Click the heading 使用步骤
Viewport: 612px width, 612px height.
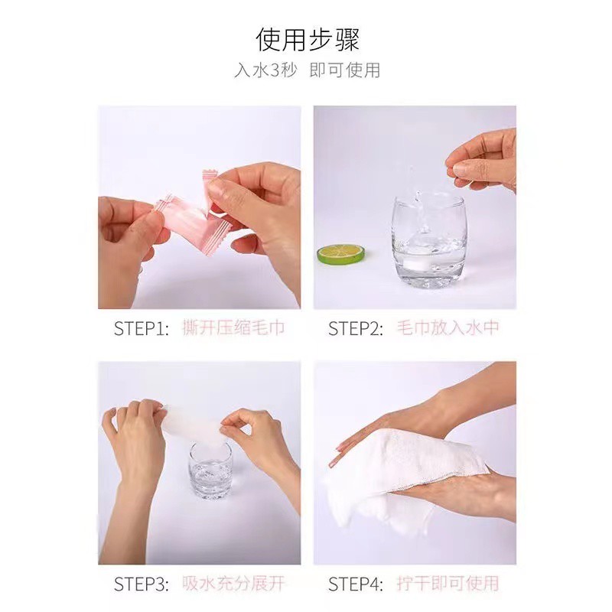(308, 40)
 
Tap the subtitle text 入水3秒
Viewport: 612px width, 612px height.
(265, 70)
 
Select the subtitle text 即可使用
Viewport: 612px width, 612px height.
(345, 70)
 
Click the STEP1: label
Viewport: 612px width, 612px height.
(142, 328)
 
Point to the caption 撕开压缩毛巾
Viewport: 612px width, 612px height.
(233, 328)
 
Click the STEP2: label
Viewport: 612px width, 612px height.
(356, 328)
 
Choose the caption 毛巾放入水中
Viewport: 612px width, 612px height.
(448, 328)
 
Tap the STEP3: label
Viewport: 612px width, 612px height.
(142, 584)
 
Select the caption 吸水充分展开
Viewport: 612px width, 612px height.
(233, 584)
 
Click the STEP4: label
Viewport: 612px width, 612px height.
(356, 584)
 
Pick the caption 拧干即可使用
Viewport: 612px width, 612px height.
(448, 584)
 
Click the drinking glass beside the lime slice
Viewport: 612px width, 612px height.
(429, 241)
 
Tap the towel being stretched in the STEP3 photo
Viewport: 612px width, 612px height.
(194, 425)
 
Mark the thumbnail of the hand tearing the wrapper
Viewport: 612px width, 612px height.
(199, 207)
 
